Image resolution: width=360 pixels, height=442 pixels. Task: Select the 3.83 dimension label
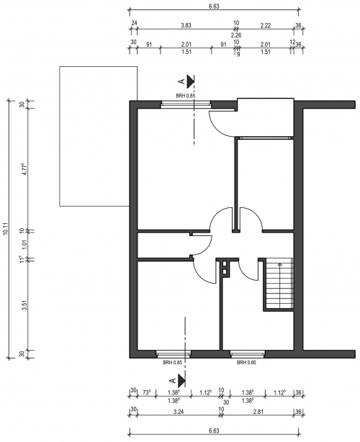(186, 25)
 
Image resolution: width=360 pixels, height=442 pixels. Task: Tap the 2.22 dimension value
(266, 25)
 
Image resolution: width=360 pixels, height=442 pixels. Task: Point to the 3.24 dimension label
(179, 412)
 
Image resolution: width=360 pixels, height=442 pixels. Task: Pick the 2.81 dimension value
(258, 412)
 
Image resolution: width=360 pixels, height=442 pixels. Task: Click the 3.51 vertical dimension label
(24, 305)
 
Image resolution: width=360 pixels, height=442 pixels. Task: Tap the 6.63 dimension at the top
(214, 6)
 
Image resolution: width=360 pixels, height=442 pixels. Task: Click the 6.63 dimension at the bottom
(214, 430)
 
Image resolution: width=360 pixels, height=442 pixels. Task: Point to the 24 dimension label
(134, 23)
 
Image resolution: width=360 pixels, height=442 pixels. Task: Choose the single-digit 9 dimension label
(238, 55)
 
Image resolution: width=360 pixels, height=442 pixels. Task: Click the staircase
(279, 284)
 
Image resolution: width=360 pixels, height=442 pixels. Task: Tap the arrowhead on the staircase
(280, 264)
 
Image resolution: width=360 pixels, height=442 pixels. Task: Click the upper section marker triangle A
(191, 81)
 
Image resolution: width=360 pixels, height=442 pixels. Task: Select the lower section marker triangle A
(181, 381)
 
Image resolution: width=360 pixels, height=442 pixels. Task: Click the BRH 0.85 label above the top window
(186, 96)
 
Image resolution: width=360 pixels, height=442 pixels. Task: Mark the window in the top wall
(186, 105)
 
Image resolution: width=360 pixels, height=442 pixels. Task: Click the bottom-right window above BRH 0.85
(248, 353)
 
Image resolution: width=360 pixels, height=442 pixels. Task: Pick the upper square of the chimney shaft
(225, 264)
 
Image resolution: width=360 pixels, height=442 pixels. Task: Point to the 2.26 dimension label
(236, 35)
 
